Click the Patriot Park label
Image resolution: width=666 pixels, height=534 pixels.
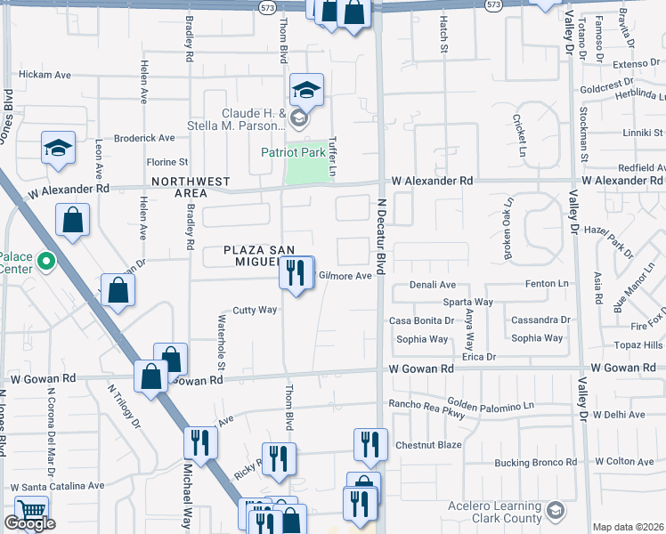pos(293,152)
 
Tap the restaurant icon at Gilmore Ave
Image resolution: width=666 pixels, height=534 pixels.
pos(296,271)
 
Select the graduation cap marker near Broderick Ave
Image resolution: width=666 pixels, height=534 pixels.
pos(58,148)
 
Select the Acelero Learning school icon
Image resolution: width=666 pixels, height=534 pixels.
pos(555,509)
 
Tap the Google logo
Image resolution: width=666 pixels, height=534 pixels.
pos(29,523)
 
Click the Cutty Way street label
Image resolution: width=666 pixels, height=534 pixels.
pos(255,310)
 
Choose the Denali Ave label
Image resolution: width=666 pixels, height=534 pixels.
pos(433,285)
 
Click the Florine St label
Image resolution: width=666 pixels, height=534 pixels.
pos(167,162)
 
